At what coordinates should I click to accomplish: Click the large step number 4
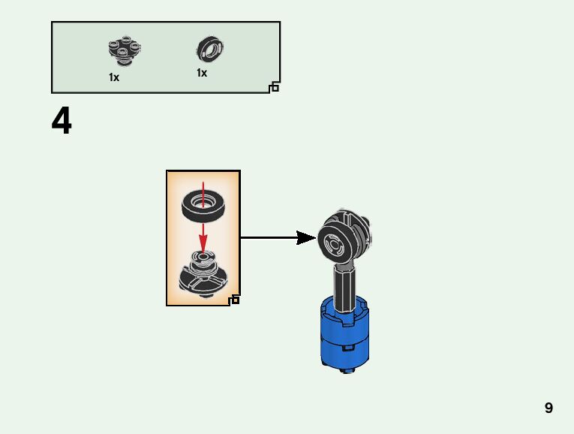pyautogui.click(x=62, y=122)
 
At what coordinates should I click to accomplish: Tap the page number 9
pyautogui.click(x=548, y=408)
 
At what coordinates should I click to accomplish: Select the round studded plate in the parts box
pyautogui.click(x=124, y=50)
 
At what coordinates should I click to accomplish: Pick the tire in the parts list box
pyautogui.click(x=212, y=49)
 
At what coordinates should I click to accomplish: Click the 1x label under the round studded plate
pyautogui.click(x=114, y=77)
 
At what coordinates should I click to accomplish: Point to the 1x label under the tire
pyautogui.click(x=202, y=73)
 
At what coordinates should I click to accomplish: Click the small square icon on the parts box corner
pyautogui.click(x=274, y=88)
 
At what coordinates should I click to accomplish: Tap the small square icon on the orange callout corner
pyautogui.click(x=235, y=300)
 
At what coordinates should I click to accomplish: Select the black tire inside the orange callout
pyautogui.click(x=203, y=204)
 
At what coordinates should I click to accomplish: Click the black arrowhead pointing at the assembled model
pyautogui.click(x=305, y=238)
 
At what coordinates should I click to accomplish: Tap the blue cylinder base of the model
pyautogui.click(x=346, y=334)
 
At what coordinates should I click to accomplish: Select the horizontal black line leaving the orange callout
pyautogui.click(x=270, y=238)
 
